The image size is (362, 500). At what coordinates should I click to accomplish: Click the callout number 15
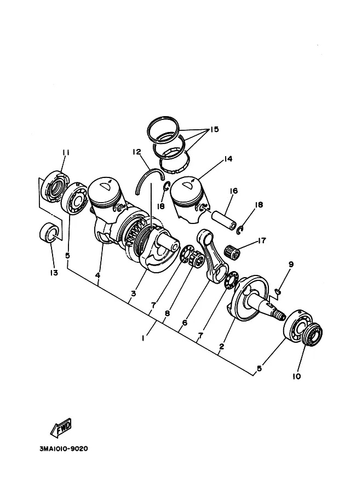pyautogui.click(x=214, y=129)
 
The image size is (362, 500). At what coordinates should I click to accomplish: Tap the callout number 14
pyautogui.click(x=228, y=159)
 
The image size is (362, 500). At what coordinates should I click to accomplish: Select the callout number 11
pyautogui.click(x=66, y=152)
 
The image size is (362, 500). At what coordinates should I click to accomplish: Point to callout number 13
pyautogui.click(x=54, y=273)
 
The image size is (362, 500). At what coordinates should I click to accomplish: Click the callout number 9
pyautogui.click(x=291, y=265)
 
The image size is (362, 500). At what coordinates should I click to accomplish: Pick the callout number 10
pyautogui.click(x=297, y=377)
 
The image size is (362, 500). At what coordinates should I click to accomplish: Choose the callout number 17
pyautogui.click(x=262, y=240)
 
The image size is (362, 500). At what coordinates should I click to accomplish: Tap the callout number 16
pyautogui.click(x=234, y=191)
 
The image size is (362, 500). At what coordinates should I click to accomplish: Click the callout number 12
pyautogui.click(x=137, y=152)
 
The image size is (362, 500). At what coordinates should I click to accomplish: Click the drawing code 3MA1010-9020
pyautogui.click(x=64, y=449)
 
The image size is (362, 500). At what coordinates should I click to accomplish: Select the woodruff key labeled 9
pyautogui.click(x=278, y=290)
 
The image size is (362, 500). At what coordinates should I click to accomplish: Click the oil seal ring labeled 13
pyautogui.click(x=49, y=232)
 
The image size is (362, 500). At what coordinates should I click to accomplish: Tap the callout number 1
pyautogui.click(x=143, y=338)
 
